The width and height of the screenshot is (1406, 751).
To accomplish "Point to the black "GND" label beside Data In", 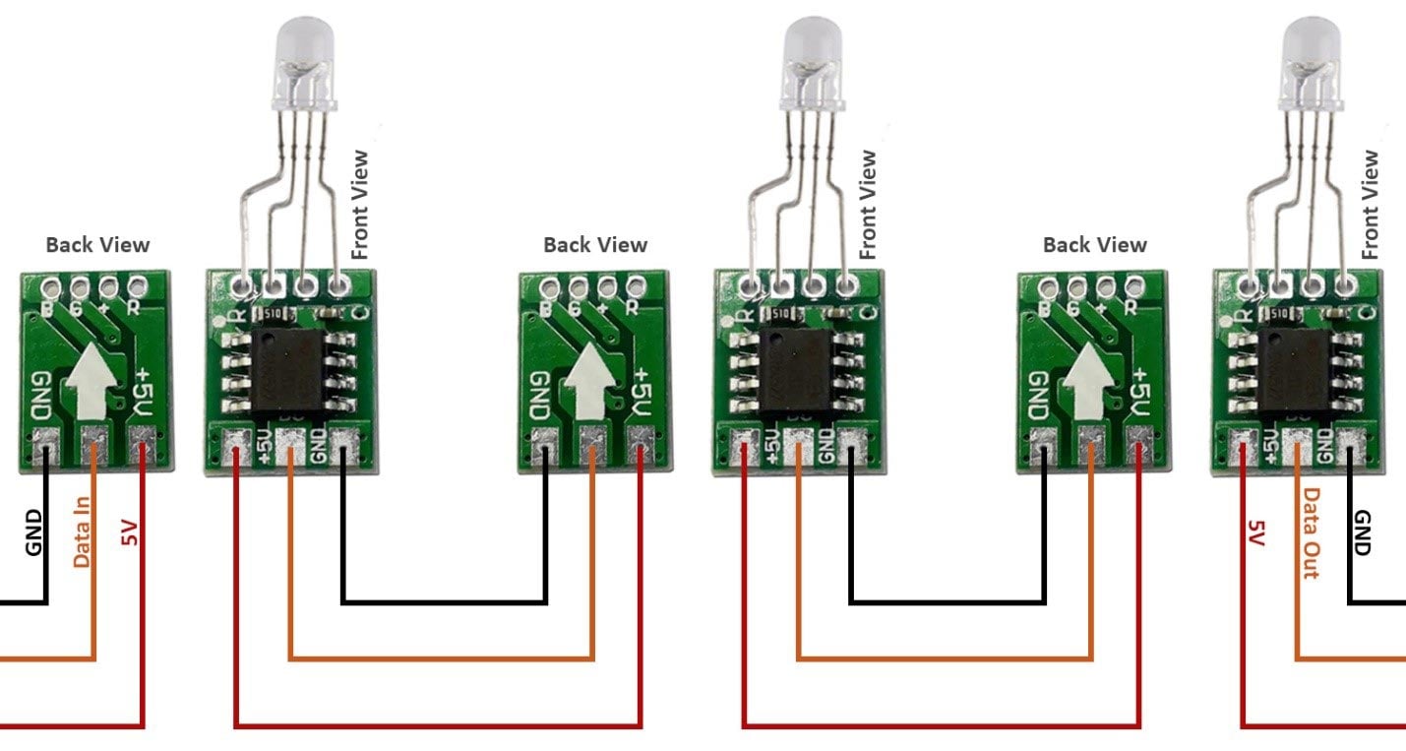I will pos(33,532).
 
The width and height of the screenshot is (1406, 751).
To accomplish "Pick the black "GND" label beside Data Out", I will pos(1363,532).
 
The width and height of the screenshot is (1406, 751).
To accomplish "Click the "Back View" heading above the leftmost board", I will pos(97,245).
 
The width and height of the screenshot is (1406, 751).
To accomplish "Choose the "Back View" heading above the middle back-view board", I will pos(595,245).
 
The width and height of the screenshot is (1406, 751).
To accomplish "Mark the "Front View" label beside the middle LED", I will pos(867,205).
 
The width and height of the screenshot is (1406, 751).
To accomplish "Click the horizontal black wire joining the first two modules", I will pos(444,601).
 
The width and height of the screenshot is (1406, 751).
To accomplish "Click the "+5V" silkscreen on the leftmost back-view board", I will pos(144,391).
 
